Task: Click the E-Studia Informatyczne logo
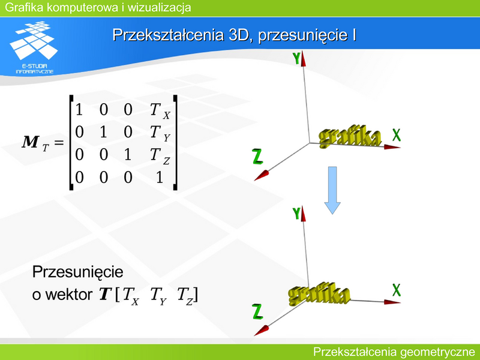pyautogui.click(x=34, y=47)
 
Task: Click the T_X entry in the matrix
pyautogui.click(x=160, y=111)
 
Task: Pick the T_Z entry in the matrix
pyautogui.click(x=160, y=156)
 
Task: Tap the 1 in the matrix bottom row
pyautogui.click(x=159, y=177)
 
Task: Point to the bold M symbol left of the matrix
pyautogui.click(x=31, y=142)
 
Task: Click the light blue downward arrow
pyautogui.click(x=332, y=190)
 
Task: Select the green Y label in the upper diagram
pyautogui.click(x=296, y=58)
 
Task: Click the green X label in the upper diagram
pyautogui.click(x=397, y=135)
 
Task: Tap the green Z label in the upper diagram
pyautogui.click(x=258, y=156)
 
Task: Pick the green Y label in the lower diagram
pyautogui.click(x=296, y=214)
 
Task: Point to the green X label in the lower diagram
pyautogui.click(x=397, y=290)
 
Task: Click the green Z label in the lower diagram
pyautogui.click(x=258, y=311)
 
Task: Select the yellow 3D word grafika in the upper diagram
pyautogui.click(x=350, y=137)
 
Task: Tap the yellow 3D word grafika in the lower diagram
pyautogui.click(x=319, y=293)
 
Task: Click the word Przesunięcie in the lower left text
pyautogui.click(x=78, y=272)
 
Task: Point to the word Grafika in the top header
pyautogui.click(x=24, y=7)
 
